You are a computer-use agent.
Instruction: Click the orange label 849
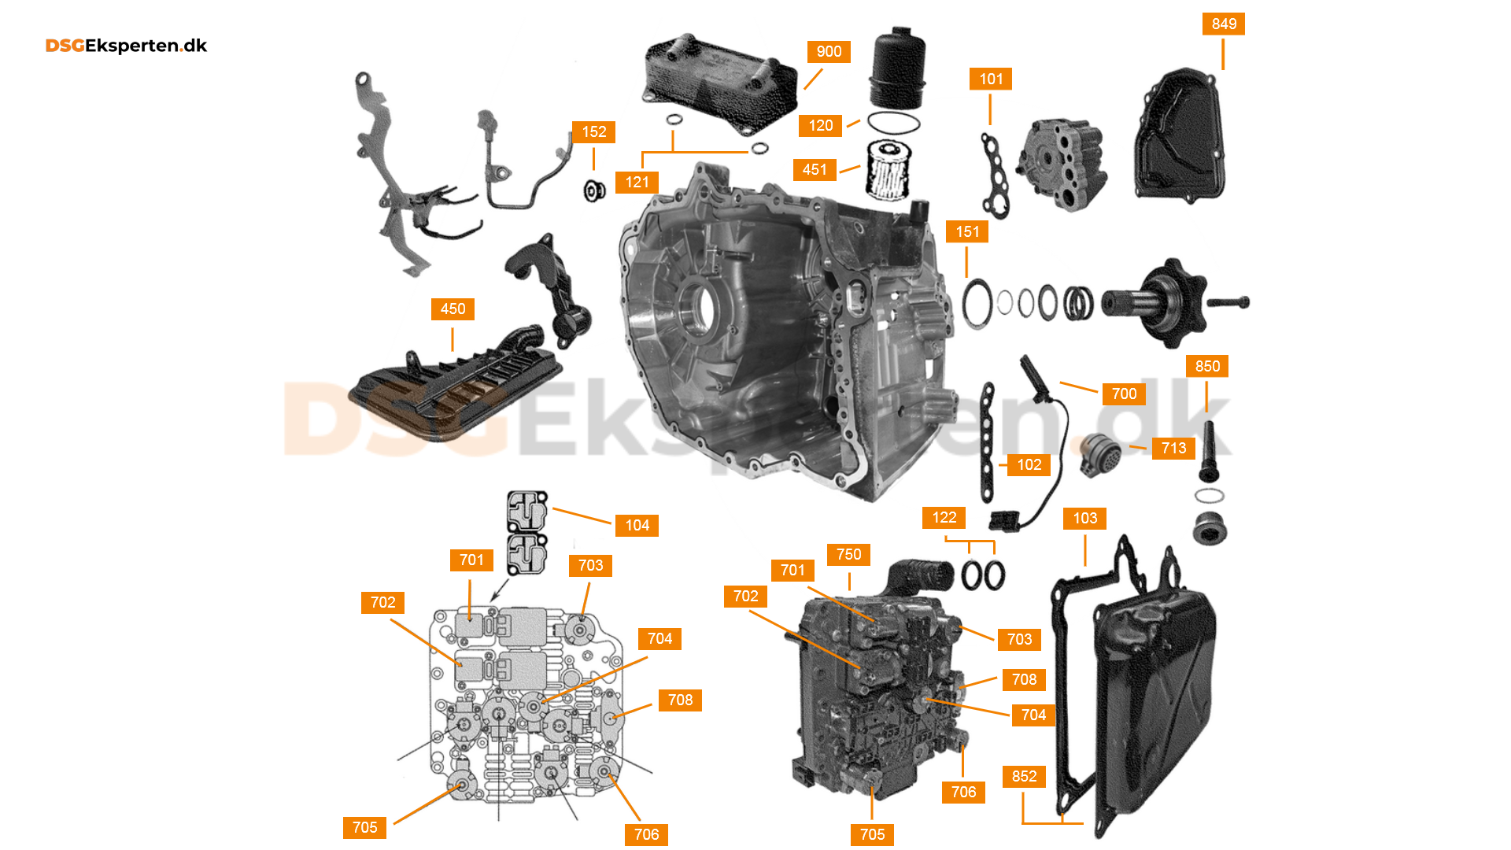1224,24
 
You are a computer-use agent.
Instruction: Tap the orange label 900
829,51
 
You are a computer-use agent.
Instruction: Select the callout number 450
453,309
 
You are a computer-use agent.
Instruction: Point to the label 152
594,131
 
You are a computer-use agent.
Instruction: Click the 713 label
1173,448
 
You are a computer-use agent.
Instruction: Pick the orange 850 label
1207,366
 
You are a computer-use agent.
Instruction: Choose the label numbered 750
848,554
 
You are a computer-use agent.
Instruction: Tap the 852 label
1024,776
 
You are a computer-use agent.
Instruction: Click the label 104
637,525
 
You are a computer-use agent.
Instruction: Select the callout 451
815,169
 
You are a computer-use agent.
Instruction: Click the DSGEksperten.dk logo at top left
126,46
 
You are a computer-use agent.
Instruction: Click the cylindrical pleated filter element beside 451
888,170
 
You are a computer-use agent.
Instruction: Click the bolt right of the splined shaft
1227,302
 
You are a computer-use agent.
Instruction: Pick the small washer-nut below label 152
594,190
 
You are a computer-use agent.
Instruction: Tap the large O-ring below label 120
893,124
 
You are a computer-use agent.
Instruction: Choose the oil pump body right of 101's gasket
1062,165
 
